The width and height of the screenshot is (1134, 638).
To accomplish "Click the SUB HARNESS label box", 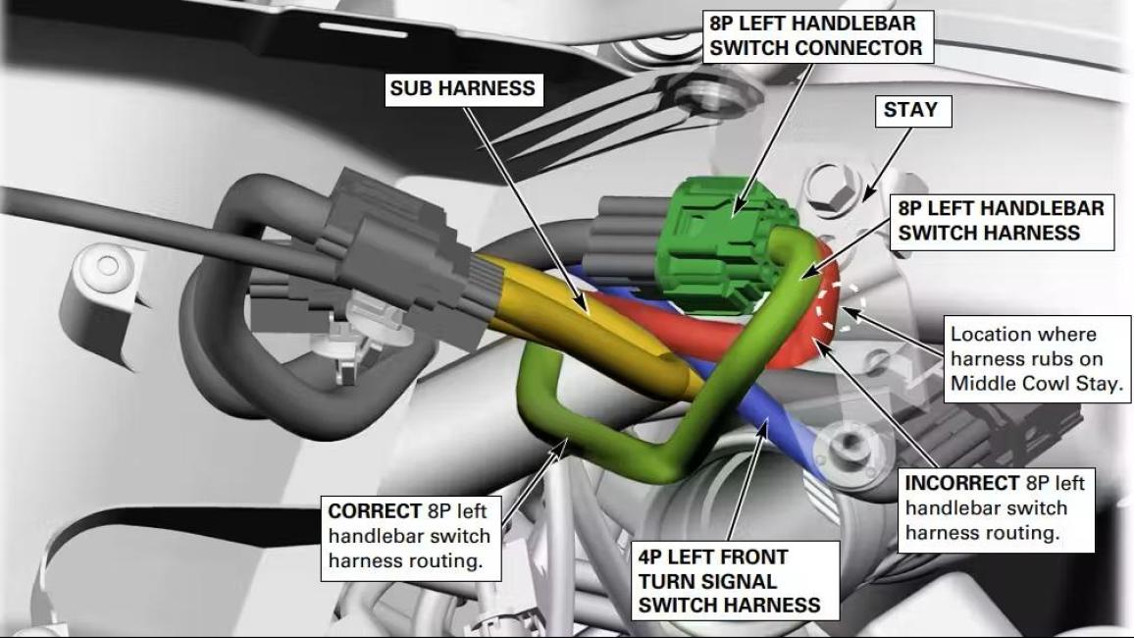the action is tap(464, 89).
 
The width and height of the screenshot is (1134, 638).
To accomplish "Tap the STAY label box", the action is tap(910, 111).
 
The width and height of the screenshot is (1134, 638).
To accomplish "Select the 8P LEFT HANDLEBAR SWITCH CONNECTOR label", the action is tap(816, 35).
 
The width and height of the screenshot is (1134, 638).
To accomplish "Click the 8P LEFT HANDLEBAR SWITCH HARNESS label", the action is tap(1002, 222).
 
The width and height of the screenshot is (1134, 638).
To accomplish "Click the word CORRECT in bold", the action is tap(374, 511).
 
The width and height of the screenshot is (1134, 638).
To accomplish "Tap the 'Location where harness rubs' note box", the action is tap(1037, 359).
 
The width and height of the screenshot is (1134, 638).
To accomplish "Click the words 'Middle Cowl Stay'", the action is tap(1036, 384).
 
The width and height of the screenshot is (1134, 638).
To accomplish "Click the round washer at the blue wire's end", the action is tap(848, 450).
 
